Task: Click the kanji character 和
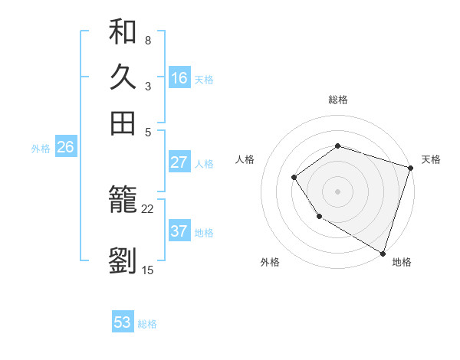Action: tap(123, 32)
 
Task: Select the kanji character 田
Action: tap(123, 123)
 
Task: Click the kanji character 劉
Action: tap(123, 260)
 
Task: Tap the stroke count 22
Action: tap(147, 208)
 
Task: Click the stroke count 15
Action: tap(147, 270)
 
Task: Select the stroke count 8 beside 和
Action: tap(147, 40)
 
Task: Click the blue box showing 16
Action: tap(179, 78)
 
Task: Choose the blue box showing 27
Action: tap(179, 162)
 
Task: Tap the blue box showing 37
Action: tap(179, 231)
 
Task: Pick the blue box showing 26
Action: tap(65, 148)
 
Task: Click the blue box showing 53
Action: tap(123, 322)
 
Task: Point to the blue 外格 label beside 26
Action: tap(41, 149)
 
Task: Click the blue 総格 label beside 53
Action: tap(147, 324)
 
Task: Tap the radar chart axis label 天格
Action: tap(431, 159)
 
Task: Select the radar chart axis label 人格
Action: tap(245, 159)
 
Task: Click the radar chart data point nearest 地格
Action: tap(382, 252)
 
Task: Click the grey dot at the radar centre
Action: tap(337, 191)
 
